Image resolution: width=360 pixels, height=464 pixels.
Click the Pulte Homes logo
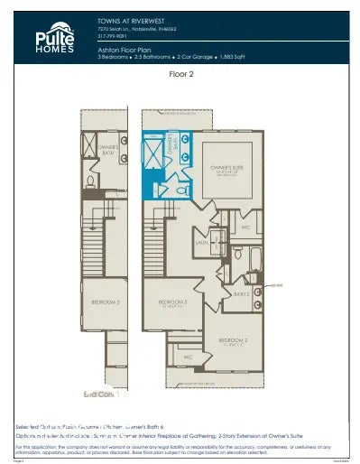point(40,38)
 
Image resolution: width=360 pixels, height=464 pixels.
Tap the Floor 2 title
point(181,76)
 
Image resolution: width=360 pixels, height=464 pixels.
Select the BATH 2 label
point(241,293)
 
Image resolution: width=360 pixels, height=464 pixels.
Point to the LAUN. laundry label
point(203,243)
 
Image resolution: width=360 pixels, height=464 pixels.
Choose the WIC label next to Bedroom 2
point(189,357)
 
